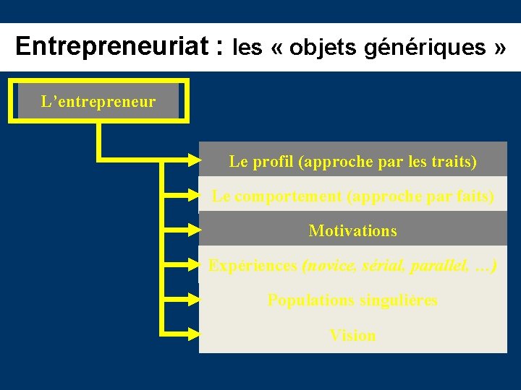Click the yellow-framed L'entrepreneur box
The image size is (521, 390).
point(98,102)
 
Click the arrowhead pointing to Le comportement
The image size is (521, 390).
point(190,195)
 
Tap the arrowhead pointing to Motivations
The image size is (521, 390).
point(190,230)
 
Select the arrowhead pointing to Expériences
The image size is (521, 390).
point(190,265)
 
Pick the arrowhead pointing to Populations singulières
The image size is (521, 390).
point(190,300)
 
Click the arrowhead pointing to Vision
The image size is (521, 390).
point(190,334)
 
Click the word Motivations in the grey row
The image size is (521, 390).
point(352,231)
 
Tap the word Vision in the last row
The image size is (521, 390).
point(352,335)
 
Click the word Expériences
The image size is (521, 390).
point(252,266)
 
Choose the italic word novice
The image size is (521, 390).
point(329,266)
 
